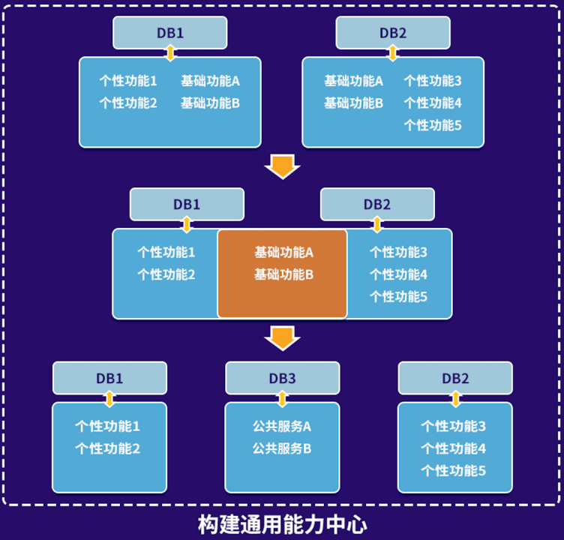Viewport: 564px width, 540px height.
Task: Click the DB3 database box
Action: click(282, 378)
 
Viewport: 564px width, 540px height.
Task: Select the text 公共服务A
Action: click(282, 426)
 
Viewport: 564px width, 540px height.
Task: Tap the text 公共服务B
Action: click(282, 448)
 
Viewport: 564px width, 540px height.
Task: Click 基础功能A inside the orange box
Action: click(283, 252)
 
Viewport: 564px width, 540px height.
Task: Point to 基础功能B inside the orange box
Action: click(283, 274)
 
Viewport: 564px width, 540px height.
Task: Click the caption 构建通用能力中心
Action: click(282, 523)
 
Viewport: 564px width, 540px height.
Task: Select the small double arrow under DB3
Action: click(282, 398)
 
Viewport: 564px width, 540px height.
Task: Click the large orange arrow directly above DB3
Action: click(282, 338)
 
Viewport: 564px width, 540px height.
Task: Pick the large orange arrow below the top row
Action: click(282, 166)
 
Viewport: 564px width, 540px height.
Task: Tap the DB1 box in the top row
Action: click(170, 33)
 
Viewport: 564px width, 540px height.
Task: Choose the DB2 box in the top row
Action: click(393, 33)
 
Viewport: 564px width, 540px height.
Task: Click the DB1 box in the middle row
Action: click(187, 204)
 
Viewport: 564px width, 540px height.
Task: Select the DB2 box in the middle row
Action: click(377, 204)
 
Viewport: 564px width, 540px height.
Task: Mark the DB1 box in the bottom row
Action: click(109, 378)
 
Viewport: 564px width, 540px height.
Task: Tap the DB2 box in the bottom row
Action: click(455, 378)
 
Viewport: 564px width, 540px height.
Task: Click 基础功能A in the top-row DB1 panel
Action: click(210, 80)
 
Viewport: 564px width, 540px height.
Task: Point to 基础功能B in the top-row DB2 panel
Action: click(353, 103)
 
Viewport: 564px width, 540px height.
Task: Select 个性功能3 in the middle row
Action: click(398, 252)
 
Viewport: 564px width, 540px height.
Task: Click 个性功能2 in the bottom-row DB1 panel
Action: click(107, 448)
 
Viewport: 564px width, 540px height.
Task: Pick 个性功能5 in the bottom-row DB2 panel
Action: click(453, 471)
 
